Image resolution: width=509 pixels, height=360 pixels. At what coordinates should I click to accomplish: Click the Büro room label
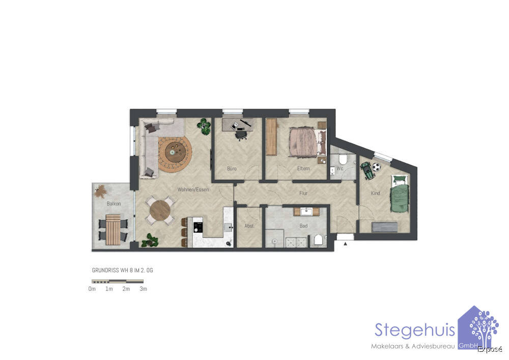(232, 169)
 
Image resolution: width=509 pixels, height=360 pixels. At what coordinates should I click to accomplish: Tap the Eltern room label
(303, 169)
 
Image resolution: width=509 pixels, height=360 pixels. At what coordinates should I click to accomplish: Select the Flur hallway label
(303, 193)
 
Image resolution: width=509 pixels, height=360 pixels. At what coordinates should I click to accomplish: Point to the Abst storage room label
(249, 226)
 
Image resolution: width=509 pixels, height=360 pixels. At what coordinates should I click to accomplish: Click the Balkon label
(114, 204)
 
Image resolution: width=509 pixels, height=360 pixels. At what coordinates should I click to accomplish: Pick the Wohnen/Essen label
(189, 189)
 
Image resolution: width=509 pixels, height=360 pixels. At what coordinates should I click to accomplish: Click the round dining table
(161, 210)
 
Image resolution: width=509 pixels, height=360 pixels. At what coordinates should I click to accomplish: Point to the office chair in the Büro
(241, 134)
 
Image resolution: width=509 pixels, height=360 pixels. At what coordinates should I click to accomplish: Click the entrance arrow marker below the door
(346, 244)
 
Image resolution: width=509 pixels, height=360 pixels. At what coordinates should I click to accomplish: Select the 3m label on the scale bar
(143, 289)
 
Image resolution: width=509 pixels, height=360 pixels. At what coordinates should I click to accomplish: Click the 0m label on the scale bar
(92, 289)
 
